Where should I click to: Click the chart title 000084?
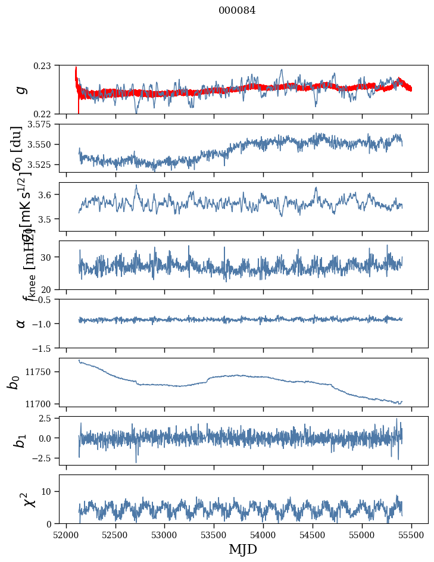(237, 10)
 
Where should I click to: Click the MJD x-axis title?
(243, 549)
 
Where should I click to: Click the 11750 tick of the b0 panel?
(39, 371)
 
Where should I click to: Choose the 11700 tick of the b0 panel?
(39, 404)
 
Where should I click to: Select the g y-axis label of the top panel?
(21, 89)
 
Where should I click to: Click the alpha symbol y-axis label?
(21, 323)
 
